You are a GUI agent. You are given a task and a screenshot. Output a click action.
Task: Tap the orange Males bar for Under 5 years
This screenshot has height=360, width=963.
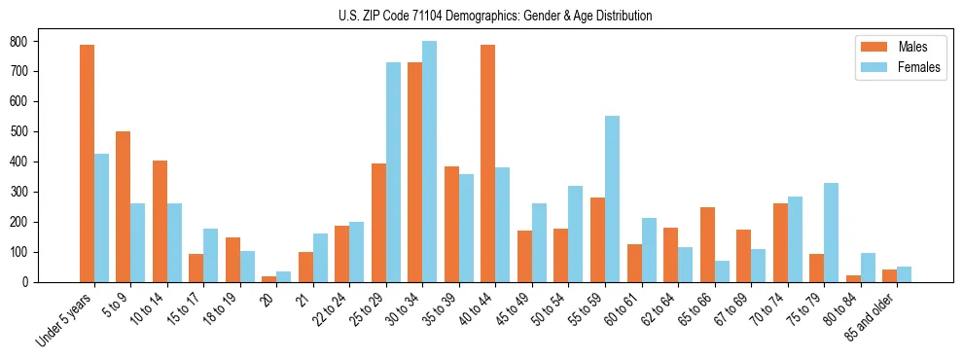pyautogui.click(x=87, y=163)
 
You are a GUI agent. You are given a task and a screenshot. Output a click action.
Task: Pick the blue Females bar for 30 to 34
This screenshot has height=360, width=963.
pyautogui.click(x=430, y=162)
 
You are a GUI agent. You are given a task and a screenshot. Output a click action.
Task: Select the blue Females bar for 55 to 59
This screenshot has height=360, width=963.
pyautogui.click(x=612, y=198)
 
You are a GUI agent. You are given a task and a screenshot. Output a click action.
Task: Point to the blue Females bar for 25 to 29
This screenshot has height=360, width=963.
pyautogui.click(x=393, y=172)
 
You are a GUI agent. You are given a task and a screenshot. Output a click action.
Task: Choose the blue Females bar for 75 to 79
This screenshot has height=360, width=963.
pyautogui.click(x=831, y=233)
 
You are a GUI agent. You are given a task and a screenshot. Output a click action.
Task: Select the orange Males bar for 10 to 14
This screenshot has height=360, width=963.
pyautogui.click(x=160, y=221)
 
